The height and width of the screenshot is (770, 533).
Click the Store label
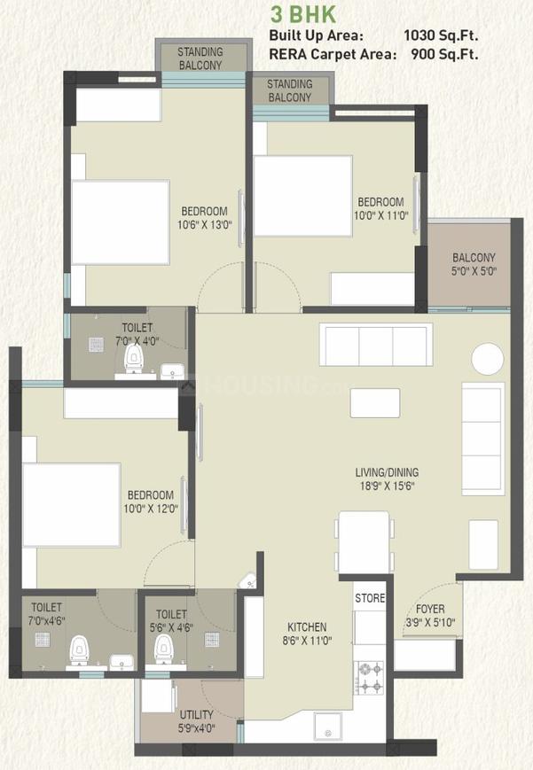click(370, 598)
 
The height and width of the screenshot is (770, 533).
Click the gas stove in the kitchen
click(369, 679)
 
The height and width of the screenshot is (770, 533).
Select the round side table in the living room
click(487, 359)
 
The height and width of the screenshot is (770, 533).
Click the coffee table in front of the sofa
click(374, 402)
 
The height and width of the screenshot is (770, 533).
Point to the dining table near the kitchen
click(364, 541)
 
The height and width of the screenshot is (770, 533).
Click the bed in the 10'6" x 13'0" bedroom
click(120, 222)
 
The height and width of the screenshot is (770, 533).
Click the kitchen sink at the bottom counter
click(327, 732)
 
